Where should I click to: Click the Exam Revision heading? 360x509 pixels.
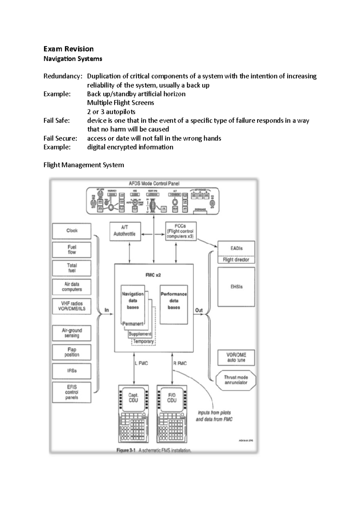(x=68, y=49)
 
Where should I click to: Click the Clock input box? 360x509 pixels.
(x=72, y=231)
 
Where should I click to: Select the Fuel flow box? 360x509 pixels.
(x=72, y=250)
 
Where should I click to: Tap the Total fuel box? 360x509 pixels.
(x=72, y=268)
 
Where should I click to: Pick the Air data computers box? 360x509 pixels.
(x=72, y=287)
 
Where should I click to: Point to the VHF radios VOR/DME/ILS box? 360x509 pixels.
(x=72, y=306)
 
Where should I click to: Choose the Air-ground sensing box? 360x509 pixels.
(x=72, y=333)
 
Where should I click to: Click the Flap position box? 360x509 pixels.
(x=72, y=352)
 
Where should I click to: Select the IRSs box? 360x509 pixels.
(x=72, y=371)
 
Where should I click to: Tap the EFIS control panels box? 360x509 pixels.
(x=72, y=392)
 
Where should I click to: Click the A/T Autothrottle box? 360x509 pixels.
(x=125, y=231)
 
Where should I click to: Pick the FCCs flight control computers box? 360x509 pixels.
(x=181, y=231)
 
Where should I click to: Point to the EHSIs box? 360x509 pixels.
(x=236, y=287)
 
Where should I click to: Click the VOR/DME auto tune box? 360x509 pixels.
(x=236, y=358)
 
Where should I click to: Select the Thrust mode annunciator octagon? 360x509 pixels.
(x=236, y=380)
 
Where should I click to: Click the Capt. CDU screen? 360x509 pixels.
(x=133, y=398)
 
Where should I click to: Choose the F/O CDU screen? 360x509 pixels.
(x=172, y=398)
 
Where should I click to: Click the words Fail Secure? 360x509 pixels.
(x=60, y=138)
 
